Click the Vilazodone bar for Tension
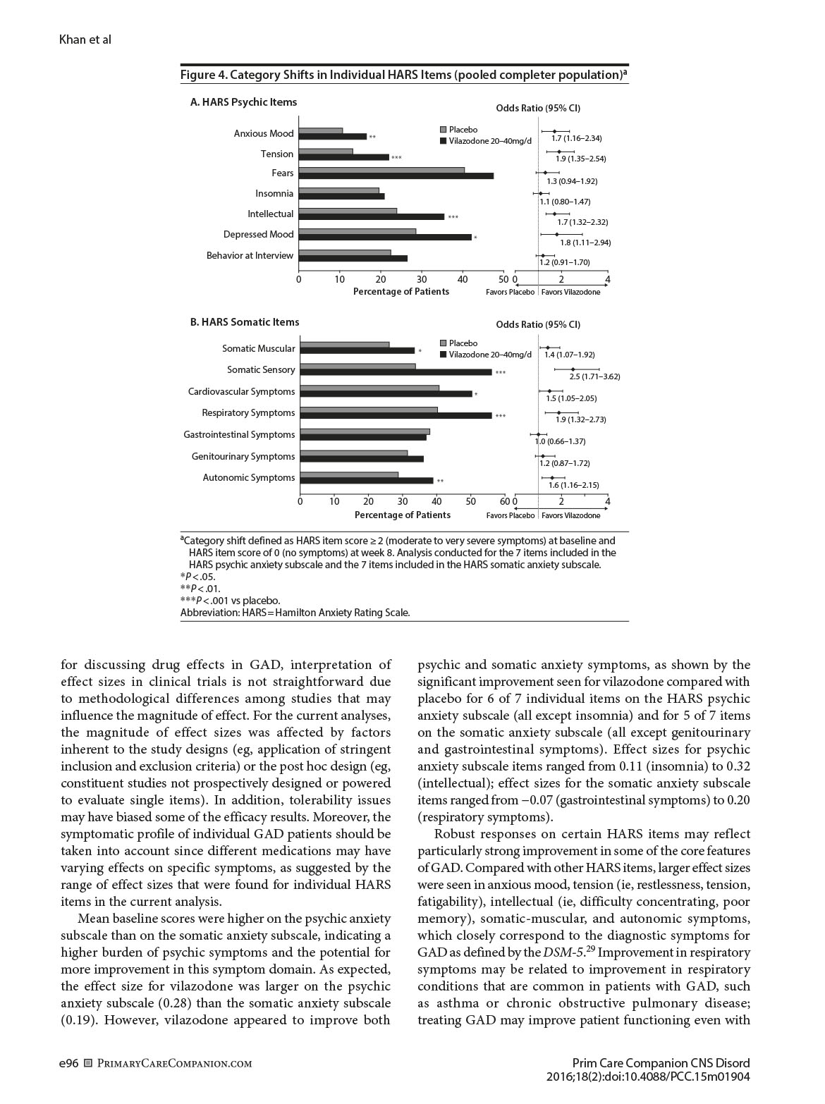(343, 157)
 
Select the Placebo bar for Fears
(381, 170)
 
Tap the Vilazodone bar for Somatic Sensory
(396, 372)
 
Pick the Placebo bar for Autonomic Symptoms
(349, 474)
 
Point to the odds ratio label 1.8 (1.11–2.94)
(585, 243)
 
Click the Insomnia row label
(274, 193)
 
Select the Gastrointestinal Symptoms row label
(239, 434)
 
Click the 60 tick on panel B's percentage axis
(504, 501)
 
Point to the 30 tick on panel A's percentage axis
(422, 279)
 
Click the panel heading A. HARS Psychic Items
(243, 102)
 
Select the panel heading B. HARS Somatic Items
(245, 322)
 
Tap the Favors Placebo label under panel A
(510, 292)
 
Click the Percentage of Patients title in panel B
(402, 515)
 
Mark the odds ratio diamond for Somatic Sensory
(573, 369)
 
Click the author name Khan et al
(85, 39)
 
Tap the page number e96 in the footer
(68, 1064)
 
